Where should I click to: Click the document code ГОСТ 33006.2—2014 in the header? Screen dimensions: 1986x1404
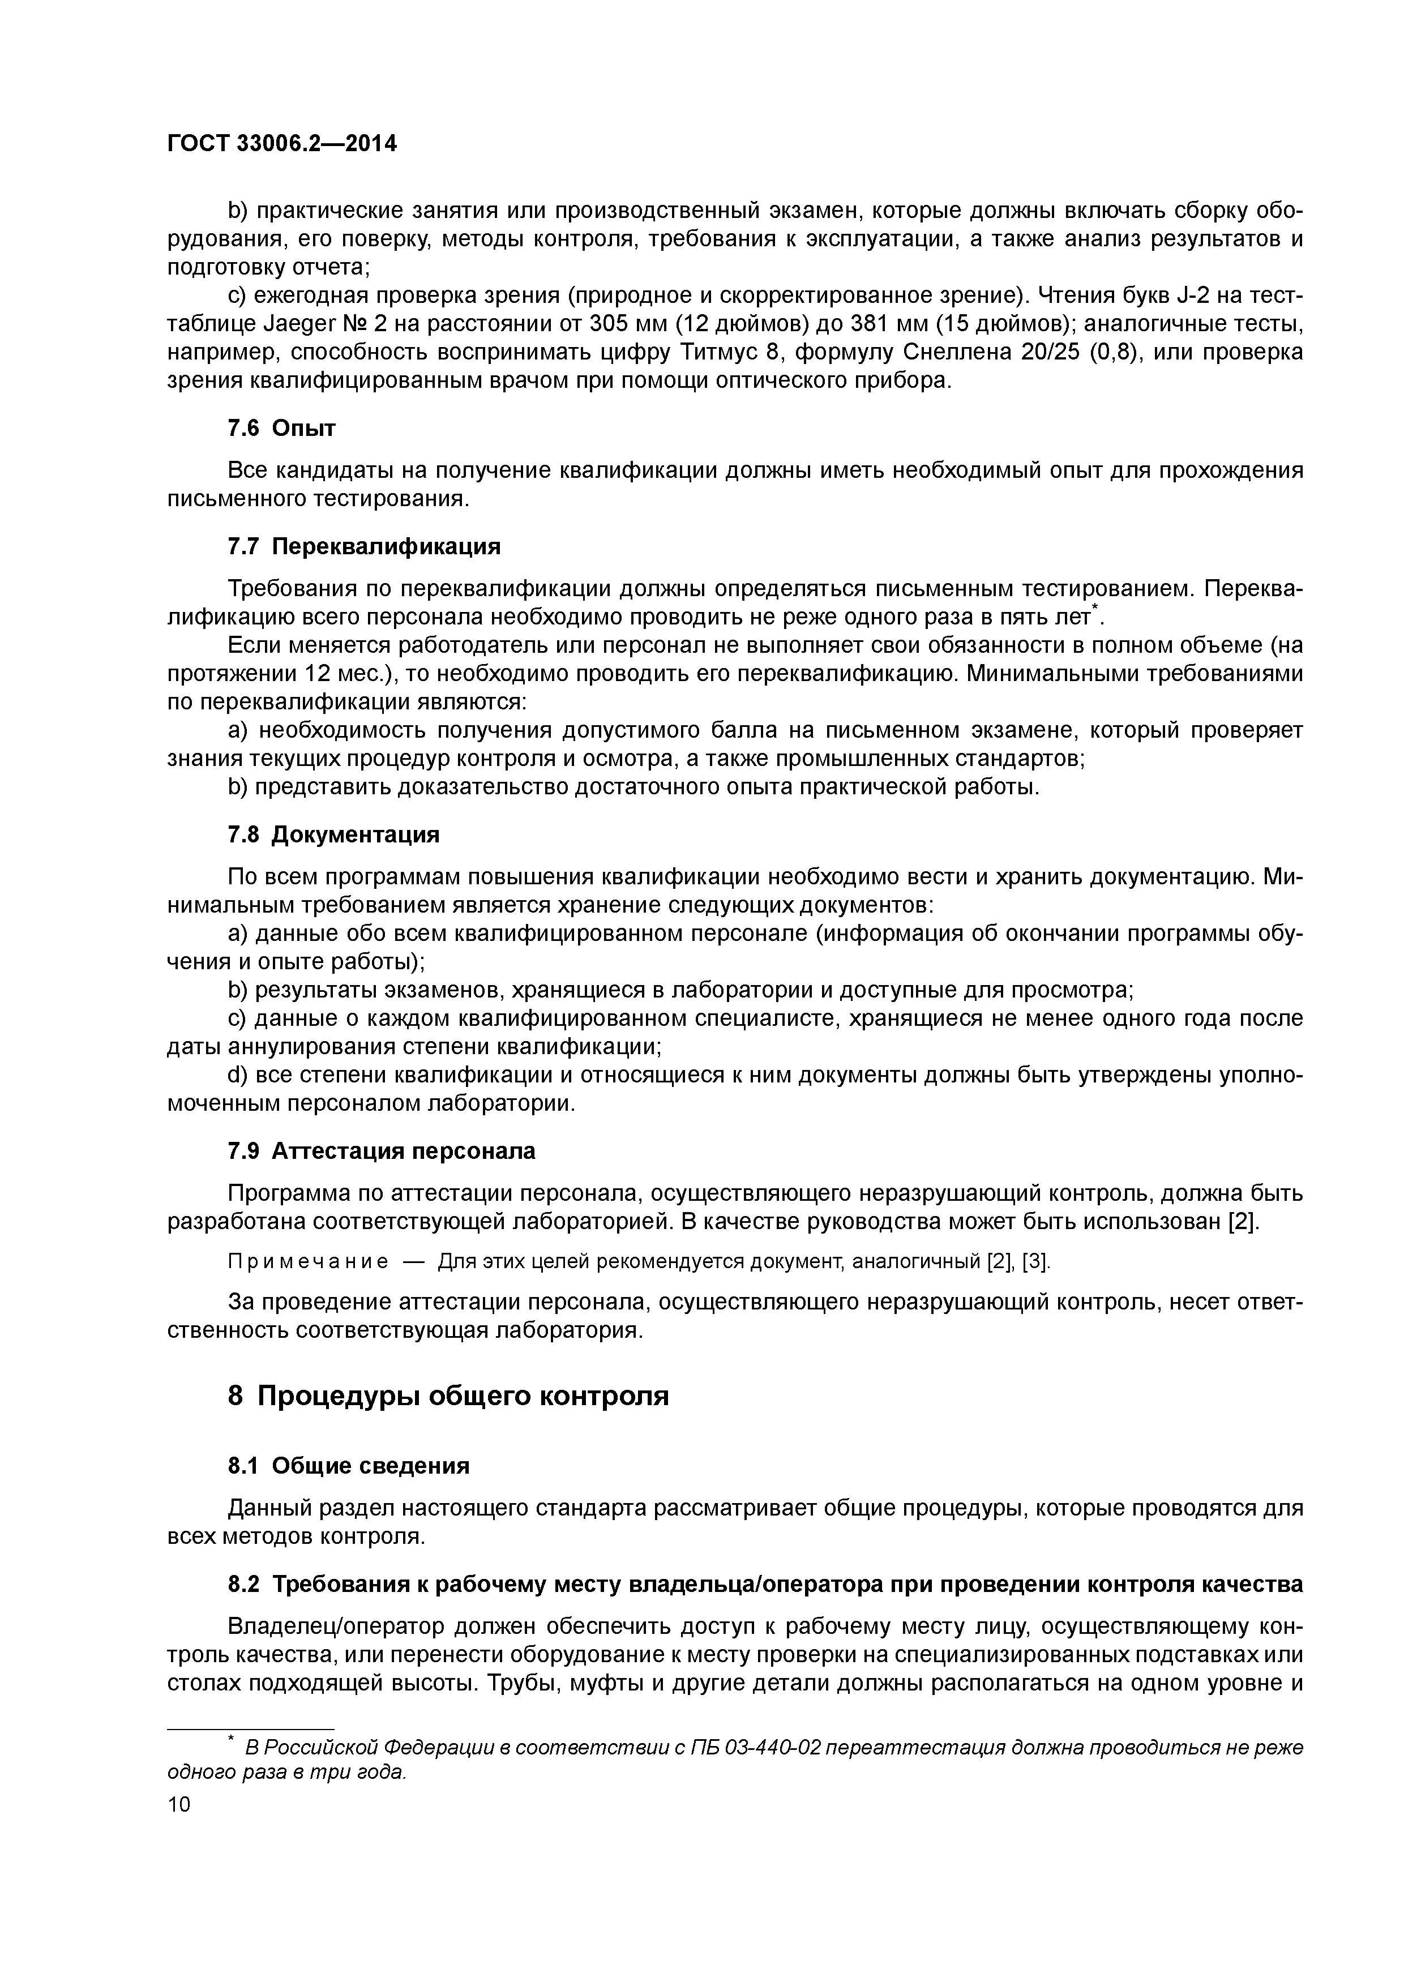[282, 144]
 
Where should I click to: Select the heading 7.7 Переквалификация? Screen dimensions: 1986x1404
[363, 547]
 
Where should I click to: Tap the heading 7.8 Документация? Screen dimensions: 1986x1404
[333, 834]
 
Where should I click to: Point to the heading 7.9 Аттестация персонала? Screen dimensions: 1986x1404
[380, 1152]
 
